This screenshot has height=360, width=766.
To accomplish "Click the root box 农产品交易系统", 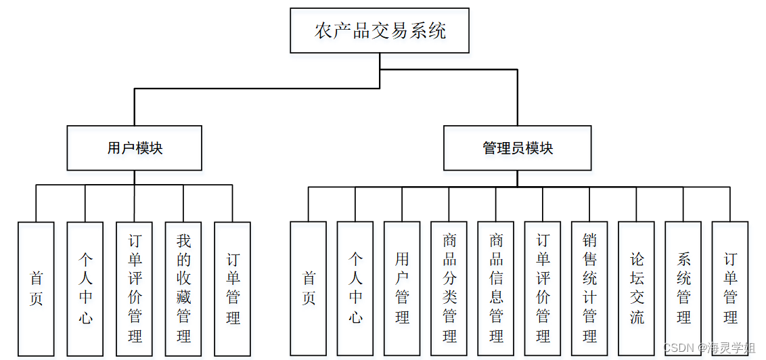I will pyautogui.click(x=380, y=30).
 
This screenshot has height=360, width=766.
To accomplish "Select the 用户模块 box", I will pyautogui.click(x=134, y=148).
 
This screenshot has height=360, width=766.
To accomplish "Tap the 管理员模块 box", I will pyautogui.click(x=517, y=148).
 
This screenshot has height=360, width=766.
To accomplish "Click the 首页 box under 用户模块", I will pyautogui.click(x=37, y=288).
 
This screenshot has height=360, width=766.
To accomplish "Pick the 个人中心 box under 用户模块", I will pyautogui.click(x=85, y=288).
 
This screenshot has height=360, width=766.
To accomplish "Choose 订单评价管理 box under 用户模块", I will pyautogui.click(x=134, y=288).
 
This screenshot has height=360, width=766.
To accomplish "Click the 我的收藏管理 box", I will pyautogui.click(x=183, y=288).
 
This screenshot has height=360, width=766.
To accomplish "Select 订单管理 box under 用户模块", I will pyautogui.click(x=232, y=288).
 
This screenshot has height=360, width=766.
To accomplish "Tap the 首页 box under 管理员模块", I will pyautogui.click(x=309, y=288).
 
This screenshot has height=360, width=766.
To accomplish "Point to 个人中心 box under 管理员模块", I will pyautogui.click(x=355, y=288).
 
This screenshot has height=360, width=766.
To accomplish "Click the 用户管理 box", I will pyautogui.click(x=402, y=288).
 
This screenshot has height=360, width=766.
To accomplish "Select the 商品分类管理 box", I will pyautogui.click(x=449, y=288).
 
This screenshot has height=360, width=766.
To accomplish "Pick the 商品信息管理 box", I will pyautogui.click(x=496, y=288).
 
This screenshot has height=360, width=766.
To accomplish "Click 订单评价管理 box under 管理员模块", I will pyautogui.click(x=543, y=288).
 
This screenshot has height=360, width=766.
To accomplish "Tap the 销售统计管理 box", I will pyautogui.click(x=589, y=288).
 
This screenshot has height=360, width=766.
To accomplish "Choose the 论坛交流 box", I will pyautogui.click(x=636, y=288).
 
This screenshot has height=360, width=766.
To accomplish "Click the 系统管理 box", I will pyautogui.click(x=683, y=288).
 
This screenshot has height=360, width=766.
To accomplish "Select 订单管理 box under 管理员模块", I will pyautogui.click(x=730, y=288).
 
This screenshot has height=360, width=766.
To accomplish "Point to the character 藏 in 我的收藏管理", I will pyautogui.click(x=183, y=297).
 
